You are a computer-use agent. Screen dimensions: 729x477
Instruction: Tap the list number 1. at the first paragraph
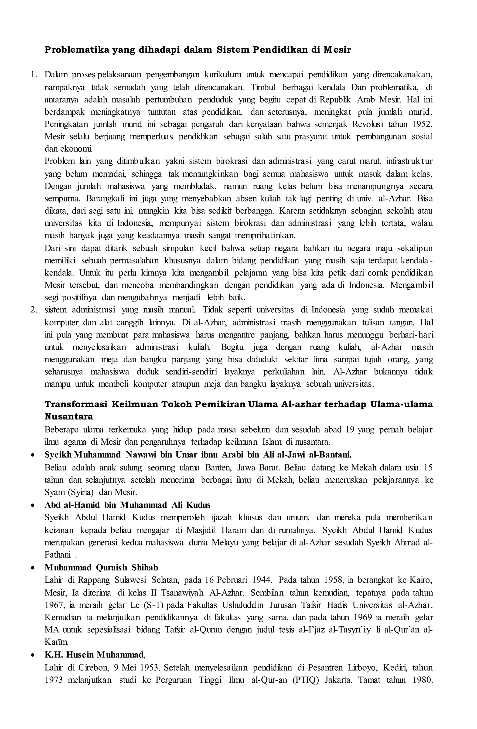34,75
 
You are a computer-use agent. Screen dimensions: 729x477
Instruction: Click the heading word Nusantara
69,417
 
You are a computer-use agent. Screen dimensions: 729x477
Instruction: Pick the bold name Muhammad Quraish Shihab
101,568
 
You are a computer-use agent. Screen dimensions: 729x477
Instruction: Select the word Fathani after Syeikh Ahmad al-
58,555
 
